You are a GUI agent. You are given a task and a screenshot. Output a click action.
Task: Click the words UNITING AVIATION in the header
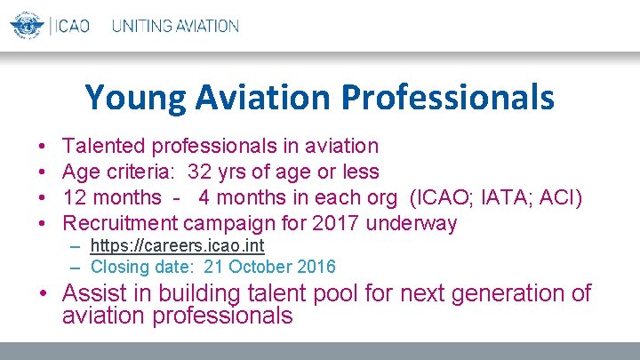coord(175,26)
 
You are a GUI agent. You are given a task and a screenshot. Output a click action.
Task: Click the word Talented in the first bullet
coord(107,146)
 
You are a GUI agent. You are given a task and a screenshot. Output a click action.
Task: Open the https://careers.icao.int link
coord(178,246)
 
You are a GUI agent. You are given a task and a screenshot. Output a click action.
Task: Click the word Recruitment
coord(122,223)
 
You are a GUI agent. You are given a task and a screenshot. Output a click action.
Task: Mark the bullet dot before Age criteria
coord(43,172)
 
